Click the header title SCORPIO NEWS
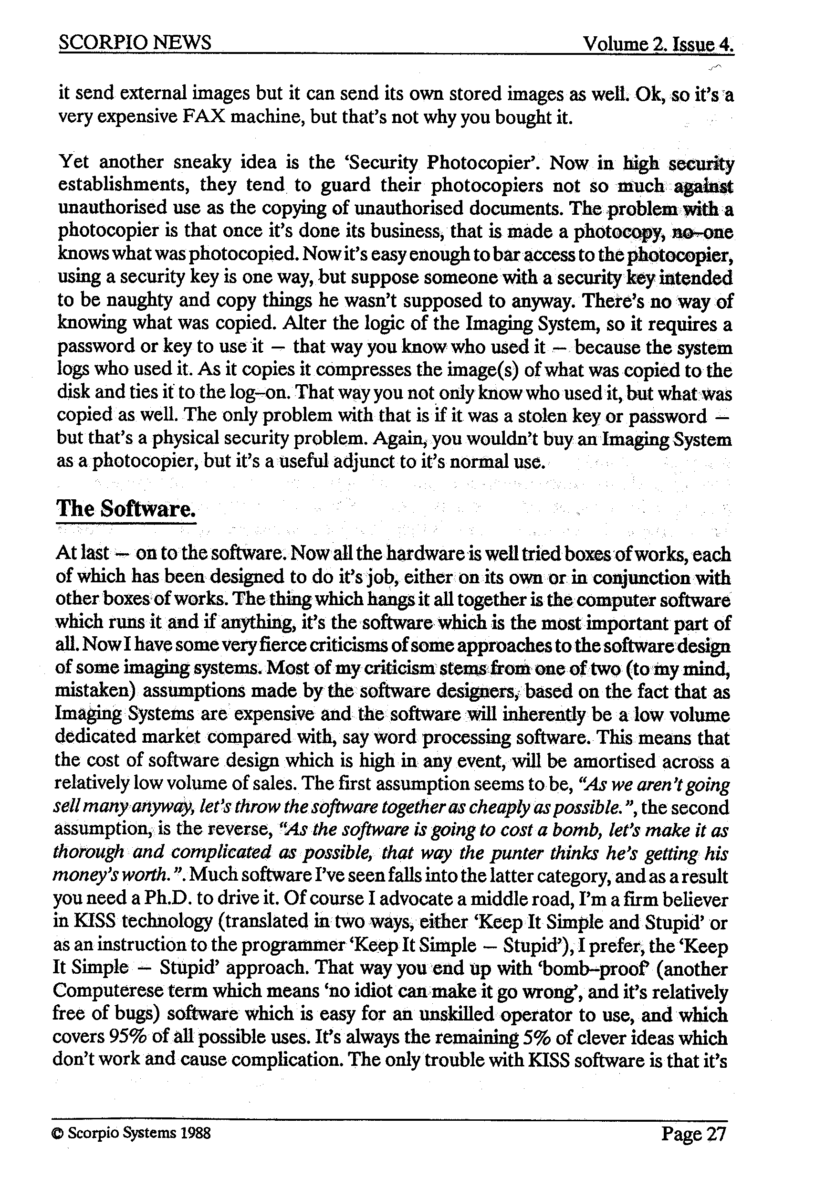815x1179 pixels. pos(135,42)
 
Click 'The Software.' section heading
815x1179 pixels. pos(125,509)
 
